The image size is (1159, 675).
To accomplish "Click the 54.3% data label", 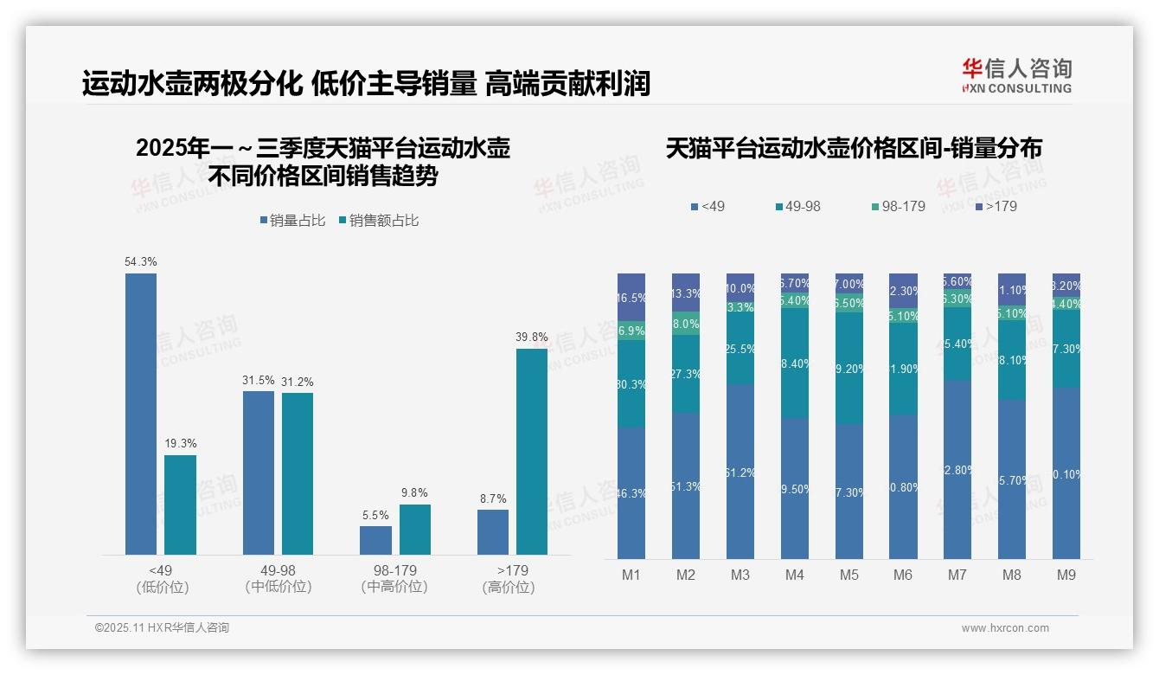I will pos(141,261).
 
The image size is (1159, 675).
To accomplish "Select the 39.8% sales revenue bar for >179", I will pos(532,451).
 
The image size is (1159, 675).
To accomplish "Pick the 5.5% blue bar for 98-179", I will pos(375,540).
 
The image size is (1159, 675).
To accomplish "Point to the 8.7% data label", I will pos(493,498).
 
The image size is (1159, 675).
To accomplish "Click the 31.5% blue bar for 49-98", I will pos(258,472).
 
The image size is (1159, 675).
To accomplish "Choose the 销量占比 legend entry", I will pos(292,221).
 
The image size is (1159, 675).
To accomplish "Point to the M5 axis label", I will pos(848,575).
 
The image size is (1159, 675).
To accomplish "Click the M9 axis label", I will pos(1066,575).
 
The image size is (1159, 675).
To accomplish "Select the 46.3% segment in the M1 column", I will pos(631,492).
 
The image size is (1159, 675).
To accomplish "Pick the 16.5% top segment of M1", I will pos(631,297).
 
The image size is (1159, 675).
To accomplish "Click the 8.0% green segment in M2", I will pos(686,323).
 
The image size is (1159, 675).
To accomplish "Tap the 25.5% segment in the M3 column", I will pos(740,349).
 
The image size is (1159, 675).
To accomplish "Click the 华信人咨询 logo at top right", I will pos(1016,75).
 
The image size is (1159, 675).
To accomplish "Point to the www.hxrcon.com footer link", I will pos(1005,628).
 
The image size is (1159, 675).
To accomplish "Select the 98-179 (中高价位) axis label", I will pos(394,579).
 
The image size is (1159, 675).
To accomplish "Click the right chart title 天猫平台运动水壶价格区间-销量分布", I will pos(854,148).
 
